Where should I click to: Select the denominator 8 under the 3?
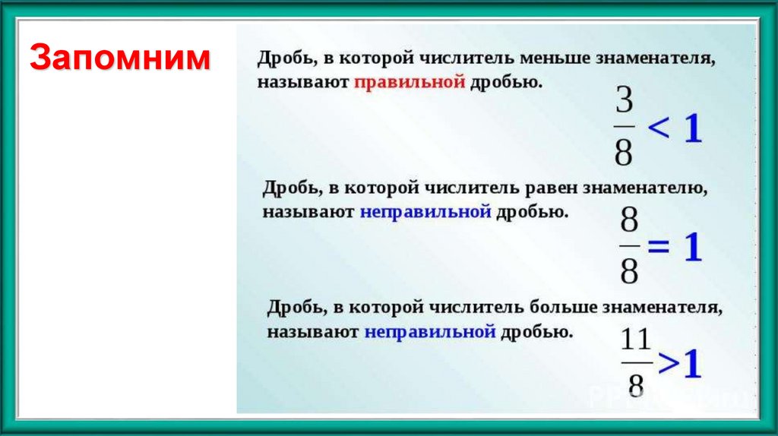(x=624, y=152)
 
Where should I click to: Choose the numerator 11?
(x=636, y=339)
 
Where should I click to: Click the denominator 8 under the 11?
(x=637, y=384)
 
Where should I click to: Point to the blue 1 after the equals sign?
(x=692, y=248)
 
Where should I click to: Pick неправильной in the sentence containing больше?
(x=430, y=332)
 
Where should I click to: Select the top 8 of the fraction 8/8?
(x=629, y=223)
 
